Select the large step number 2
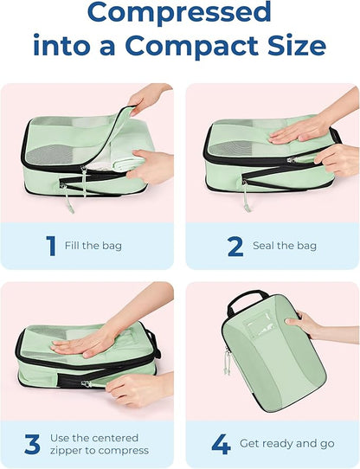pyautogui.click(x=235, y=246)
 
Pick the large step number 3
pyautogui.click(x=32, y=445)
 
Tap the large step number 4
pyautogui.click(x=221, y=445)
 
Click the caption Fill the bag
pyautogui.click(x=93, y=247)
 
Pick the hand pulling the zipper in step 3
pyautogui.click(x=134, y=385)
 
